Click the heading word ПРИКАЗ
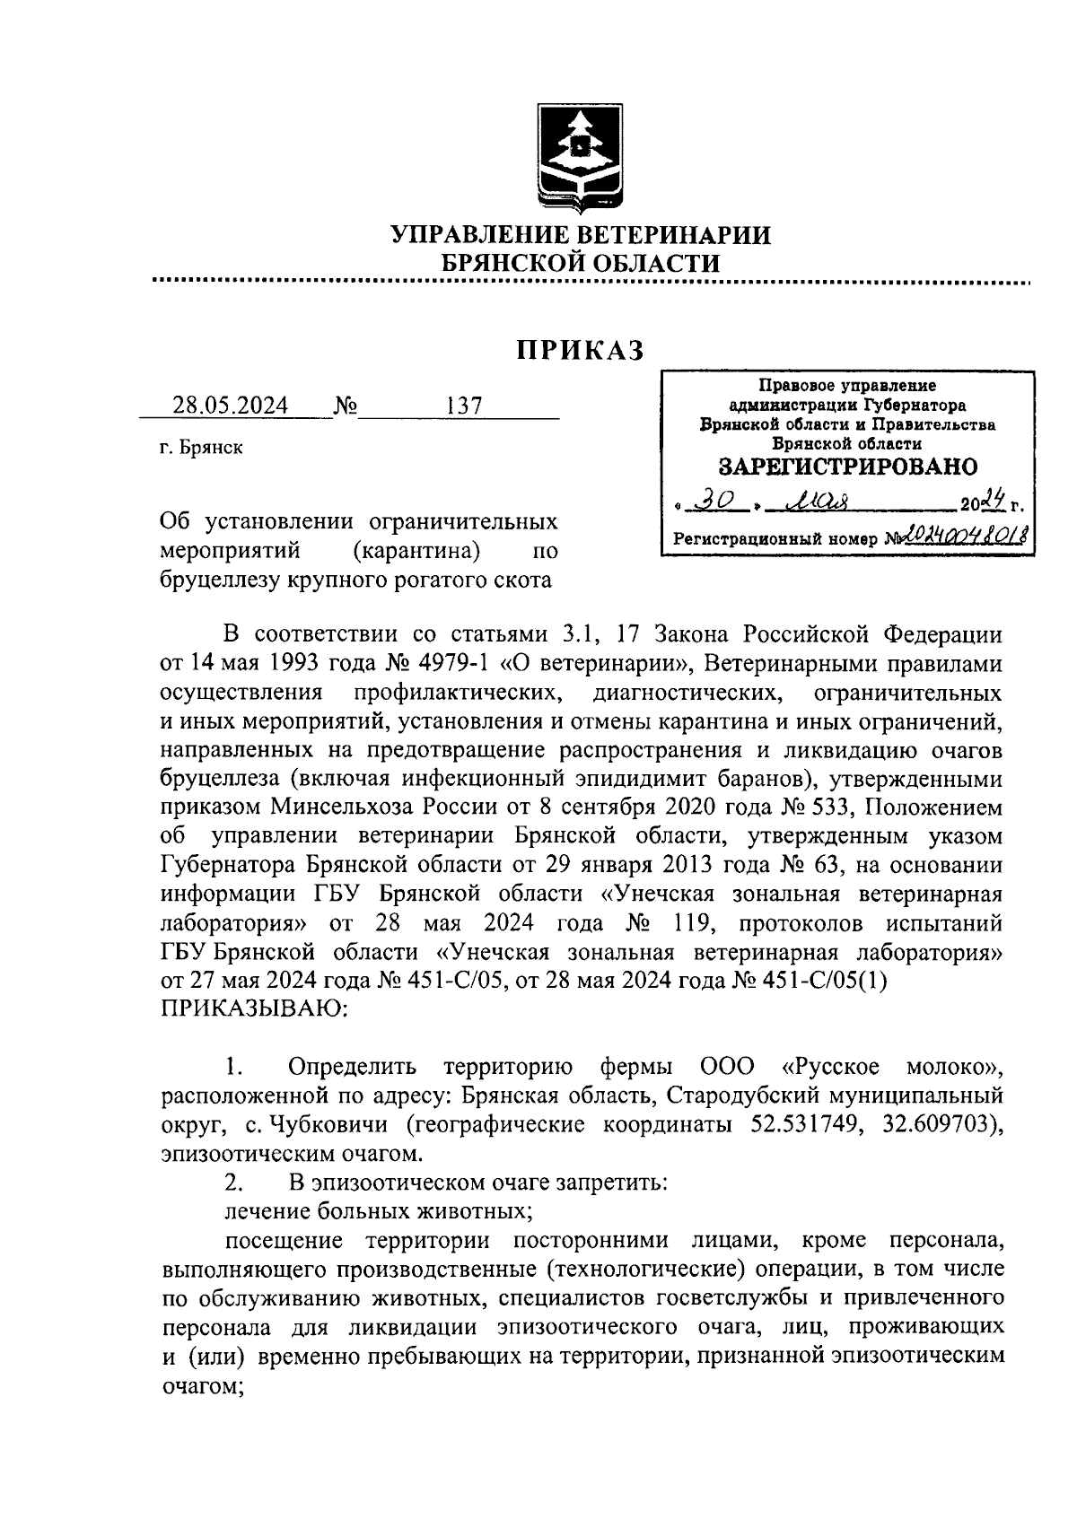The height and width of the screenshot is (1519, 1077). [x=581, y=351]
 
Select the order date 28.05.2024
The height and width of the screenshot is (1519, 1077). [x=231, y=406]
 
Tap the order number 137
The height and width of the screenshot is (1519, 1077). [x=464, y=406]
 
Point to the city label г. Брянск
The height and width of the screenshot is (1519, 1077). [x=201, y=448]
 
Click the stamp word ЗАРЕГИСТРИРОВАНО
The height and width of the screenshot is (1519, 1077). [x=847, y=467]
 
